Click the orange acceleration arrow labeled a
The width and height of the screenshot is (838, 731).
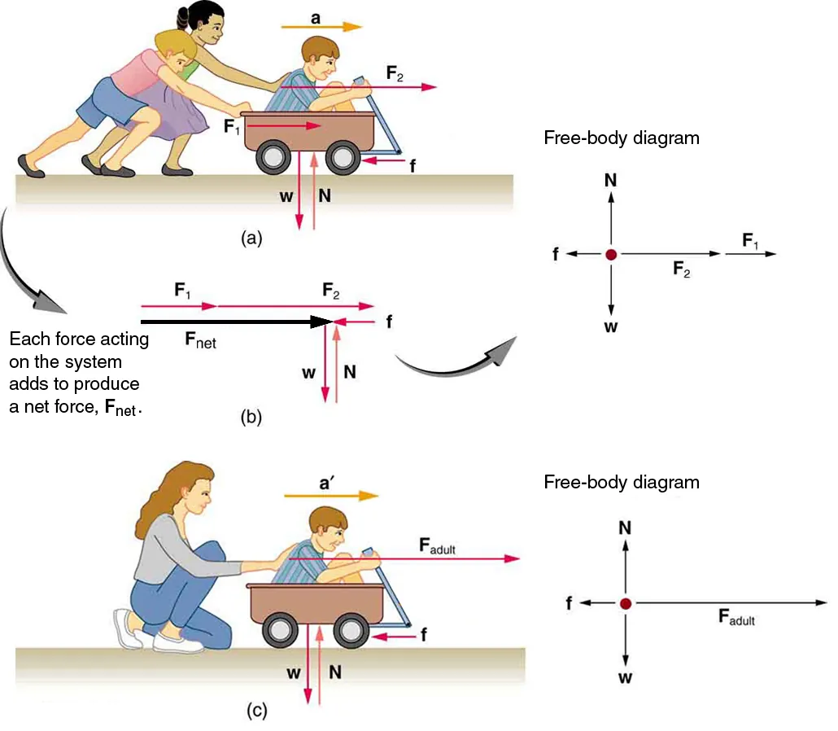321,27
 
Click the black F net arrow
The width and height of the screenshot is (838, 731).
236,322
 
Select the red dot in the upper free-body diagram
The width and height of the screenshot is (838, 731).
611,255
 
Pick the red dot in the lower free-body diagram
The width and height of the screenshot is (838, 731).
625,603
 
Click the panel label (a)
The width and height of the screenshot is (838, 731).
252,238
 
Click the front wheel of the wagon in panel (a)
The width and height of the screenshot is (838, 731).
343,158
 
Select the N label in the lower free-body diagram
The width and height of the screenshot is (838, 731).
625,528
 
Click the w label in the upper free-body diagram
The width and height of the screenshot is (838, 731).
611,327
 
